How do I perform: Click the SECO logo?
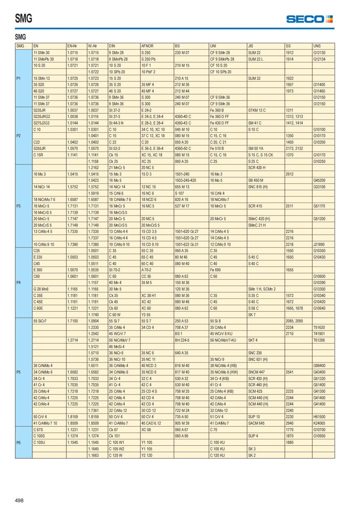click(x=309, y=19)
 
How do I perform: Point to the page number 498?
click(x=19, y=500)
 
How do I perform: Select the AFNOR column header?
click(x=147, y=46)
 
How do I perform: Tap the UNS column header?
click(x=317, y=46)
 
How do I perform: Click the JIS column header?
click(x=250, y=46)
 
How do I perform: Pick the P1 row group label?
click(x=19, y=78)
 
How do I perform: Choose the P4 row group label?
click(x=19, y=283)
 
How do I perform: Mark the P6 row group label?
click(x=19, y=443)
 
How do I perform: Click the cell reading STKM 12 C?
click(x=257, y=110)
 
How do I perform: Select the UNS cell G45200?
click(x=319, y=181)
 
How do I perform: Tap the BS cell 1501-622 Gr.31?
click(x=187, y=244)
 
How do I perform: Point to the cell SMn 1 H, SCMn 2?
click(x=262, y=289)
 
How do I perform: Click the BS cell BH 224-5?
click(x=182, y=340)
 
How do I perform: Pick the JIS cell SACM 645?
click(x=256, y=423)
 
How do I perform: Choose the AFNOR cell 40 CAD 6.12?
click(x=151, y=423)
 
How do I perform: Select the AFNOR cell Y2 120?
click(x=147, y=455)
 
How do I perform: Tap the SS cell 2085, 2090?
click(x=294, y=321)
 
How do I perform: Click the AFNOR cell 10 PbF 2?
click(x=148, y=72)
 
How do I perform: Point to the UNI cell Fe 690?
click(x=215, y=270)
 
